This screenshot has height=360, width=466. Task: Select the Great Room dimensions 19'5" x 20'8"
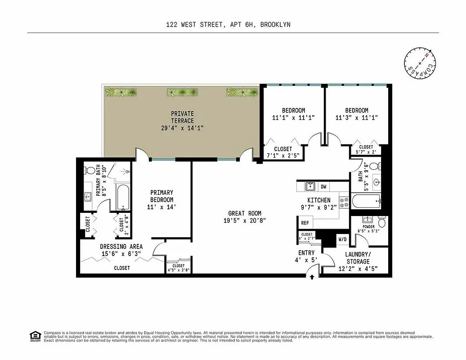click(244, 220)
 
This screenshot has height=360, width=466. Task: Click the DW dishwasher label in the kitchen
click(323, 187)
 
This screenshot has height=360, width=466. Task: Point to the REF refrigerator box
click(305, 223)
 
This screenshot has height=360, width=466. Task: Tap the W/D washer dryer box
click(342, 239)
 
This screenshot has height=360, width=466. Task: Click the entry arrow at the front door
click(312, 277)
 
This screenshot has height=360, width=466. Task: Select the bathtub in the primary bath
click(123, 197)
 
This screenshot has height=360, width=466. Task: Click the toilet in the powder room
click(381, 222)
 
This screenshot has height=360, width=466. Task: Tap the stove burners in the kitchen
click(345, 202)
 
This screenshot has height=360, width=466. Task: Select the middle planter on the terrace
click(182, 92)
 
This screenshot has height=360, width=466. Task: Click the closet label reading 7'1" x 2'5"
click(282, 152)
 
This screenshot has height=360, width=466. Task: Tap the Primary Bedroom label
click(161, 200)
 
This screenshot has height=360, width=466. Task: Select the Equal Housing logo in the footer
click(34, 336)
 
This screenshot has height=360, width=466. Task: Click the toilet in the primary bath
click(90, 171)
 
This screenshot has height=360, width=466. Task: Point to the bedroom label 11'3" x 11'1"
click(357, 114)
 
